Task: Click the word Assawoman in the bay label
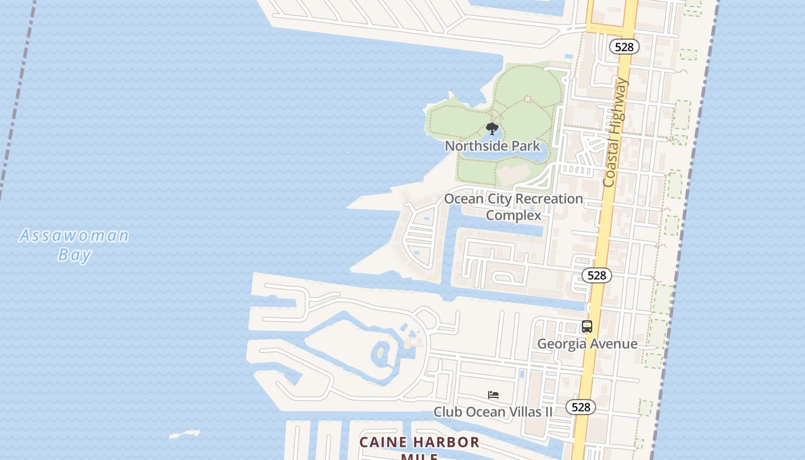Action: (74, 236)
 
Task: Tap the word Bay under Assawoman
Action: (75, 254)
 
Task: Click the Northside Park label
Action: (493, 146)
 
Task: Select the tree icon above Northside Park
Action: (492, 128)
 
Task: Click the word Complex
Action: (513, 216)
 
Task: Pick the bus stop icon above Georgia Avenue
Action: (586, 327)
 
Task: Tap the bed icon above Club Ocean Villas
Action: (493, 395)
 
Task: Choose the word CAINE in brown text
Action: (384, 442)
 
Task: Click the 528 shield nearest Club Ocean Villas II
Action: (581, 407)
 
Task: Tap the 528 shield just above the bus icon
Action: (596, 275)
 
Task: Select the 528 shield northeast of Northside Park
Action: (624, 47)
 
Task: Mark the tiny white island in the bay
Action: (185, 434)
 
